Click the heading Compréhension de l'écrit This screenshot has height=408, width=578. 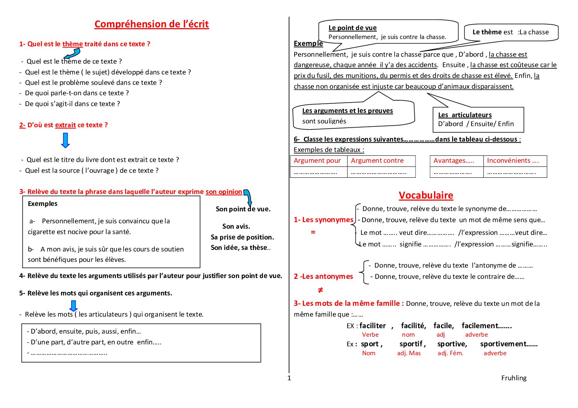(x=151, y=24)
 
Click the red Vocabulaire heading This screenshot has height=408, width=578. (x=426, y=195)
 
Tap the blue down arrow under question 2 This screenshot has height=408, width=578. (x=66, y=140)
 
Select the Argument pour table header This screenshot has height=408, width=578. (x=317, y=160)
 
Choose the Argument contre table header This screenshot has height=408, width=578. (x=377, y=160)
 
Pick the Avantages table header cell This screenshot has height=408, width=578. (x=454, y=160)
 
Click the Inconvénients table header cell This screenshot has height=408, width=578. (x=513, y=160)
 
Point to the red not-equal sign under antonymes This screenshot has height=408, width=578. (x=320, y=290)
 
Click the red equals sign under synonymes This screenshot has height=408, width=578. (x=313, y=232)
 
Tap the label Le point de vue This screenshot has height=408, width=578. (x=353, y=28)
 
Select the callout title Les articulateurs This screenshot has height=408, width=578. (x=465, y=115)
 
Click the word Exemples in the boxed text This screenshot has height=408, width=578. (x=42, y=204)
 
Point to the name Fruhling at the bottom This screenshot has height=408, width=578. (x=514, y=378)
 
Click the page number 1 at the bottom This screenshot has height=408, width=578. (x=289, y=378)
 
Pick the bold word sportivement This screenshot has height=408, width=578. (x=509, y=344)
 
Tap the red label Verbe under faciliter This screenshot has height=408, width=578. (x=370, y=335)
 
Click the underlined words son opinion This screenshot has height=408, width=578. (x=224, y=192)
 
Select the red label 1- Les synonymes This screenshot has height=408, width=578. (x=324, y=220)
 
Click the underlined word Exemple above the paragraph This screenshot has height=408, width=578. (x=308, y=44)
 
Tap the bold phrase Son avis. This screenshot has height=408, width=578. (x=236, y=226)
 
